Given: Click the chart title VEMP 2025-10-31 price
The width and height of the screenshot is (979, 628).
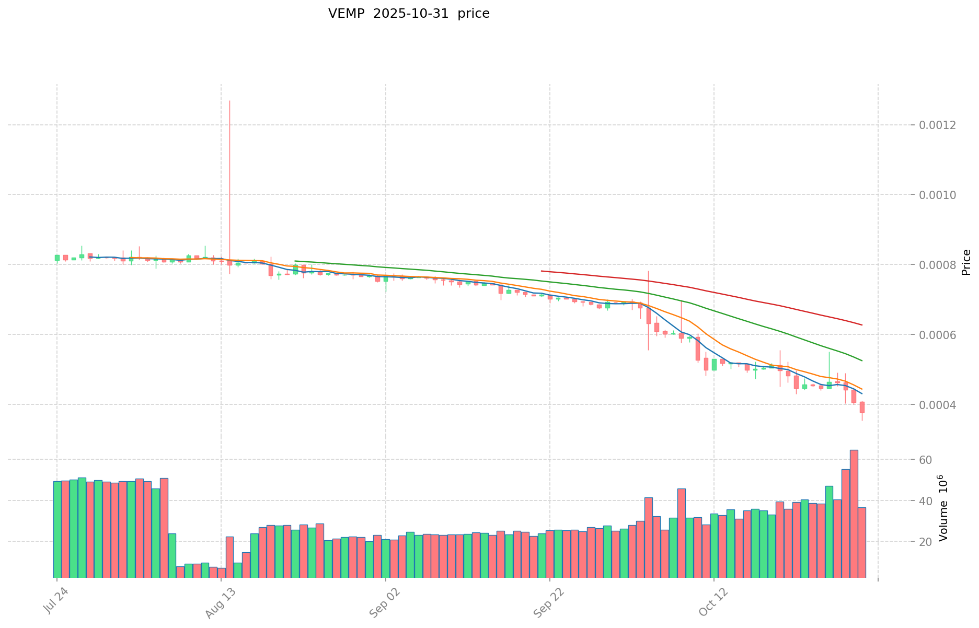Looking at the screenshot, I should (409, 14).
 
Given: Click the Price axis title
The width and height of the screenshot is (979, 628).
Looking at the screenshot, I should (966, 262).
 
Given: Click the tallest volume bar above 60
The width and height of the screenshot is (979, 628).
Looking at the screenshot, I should (854, 512).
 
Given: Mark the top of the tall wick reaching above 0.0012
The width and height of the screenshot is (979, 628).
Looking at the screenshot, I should (229, 101).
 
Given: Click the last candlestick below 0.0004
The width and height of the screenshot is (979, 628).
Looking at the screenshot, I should (862, 408).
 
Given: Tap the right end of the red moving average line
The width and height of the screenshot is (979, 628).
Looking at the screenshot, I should (861, 325).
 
